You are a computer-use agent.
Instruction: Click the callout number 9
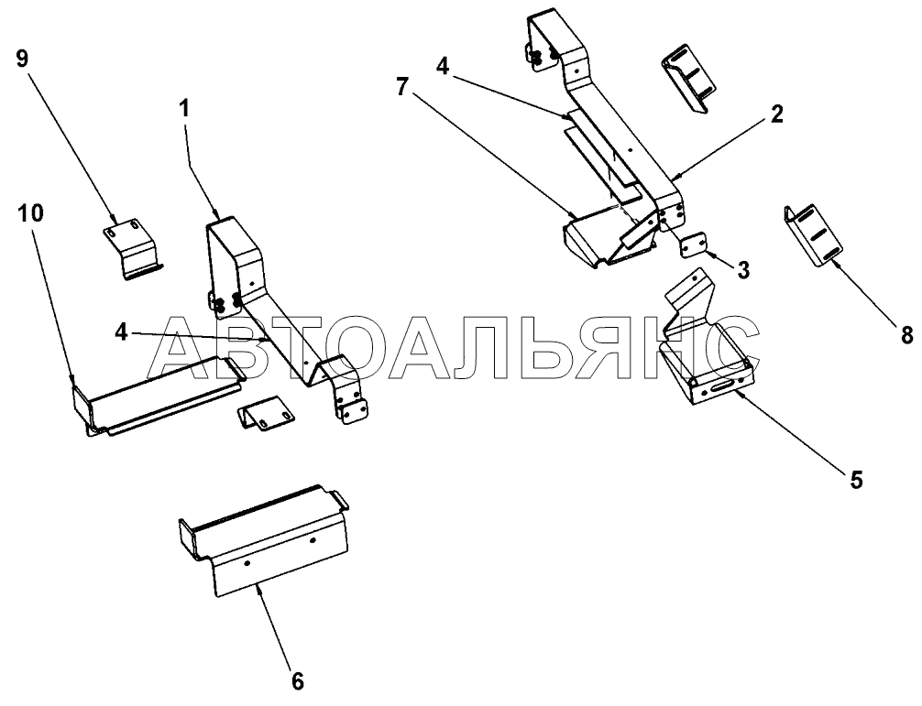(22, 59)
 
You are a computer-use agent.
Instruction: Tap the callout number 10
(30, 213)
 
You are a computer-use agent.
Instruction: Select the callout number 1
(184, 109)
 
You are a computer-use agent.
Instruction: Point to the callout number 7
(401, 88)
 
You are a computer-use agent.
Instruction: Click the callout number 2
(777, 114)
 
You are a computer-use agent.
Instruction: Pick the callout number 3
(743, 271)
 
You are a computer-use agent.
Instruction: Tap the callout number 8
(906, 335)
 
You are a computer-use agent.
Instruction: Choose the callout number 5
(856, 480)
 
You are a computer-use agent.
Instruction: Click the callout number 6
(298, 682)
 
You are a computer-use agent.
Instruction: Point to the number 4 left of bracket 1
(121, 333)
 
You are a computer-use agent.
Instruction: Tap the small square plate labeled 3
(694, 244)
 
